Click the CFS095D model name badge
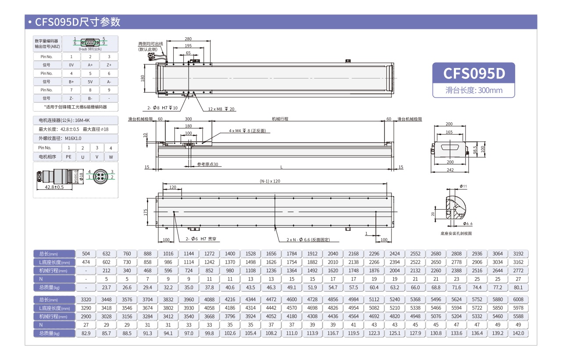474,73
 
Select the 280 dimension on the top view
188,39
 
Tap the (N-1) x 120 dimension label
270,181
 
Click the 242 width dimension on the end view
449,170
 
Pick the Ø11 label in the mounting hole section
463,186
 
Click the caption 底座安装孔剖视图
456,234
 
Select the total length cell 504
86,254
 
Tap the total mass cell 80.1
518,288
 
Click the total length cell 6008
518,299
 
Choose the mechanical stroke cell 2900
86,316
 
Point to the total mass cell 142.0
518,333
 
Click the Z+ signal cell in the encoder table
109,65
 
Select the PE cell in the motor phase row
68,157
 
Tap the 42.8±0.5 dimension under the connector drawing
54,187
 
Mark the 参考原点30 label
207,164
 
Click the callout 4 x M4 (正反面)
247,131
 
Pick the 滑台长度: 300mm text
474,91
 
